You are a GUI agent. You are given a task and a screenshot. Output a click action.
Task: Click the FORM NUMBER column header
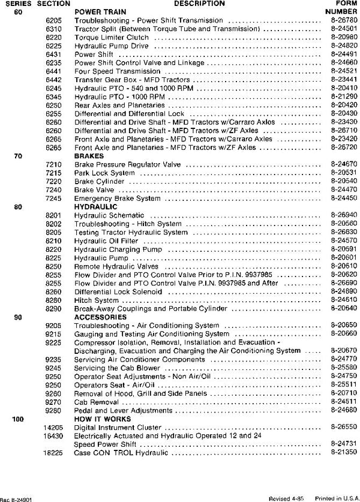[341, 7]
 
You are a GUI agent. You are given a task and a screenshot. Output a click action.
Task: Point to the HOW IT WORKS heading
[100, 419]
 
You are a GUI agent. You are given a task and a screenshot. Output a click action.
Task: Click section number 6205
[53, 20]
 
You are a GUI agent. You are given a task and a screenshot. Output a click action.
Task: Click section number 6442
[53, 79]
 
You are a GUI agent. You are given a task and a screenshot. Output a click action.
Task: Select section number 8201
[53, 215]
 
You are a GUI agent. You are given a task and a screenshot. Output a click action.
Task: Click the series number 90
[18, 316]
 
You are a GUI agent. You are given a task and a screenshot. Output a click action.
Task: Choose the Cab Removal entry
[97, 402]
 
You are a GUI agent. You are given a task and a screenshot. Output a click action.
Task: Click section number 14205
[51, 428]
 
